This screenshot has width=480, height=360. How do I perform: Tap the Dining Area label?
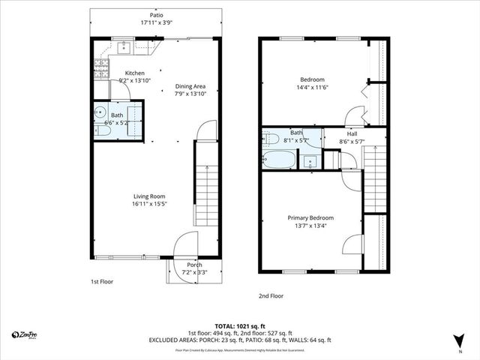(190, 86)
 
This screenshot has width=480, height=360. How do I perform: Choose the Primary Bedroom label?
(310, 217)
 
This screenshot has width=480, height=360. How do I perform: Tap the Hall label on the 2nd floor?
(352, 133)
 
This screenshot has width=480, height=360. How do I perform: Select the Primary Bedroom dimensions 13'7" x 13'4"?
(310, 225)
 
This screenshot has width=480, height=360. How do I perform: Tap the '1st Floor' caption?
(102, 281)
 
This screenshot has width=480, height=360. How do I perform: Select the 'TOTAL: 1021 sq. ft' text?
(240, 325)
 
